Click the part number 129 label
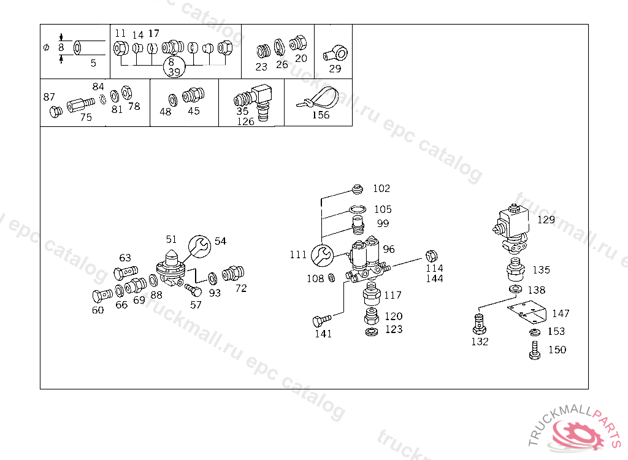pyautogui.click(x=546, y=220)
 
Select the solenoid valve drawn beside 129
pyautogui.click(x=511, y=228)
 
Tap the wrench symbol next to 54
pyautogui.click(x=199, y=246)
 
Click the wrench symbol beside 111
pyautogui.click(x=322, y=255)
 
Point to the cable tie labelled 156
pyautogui.click(x=320, y=99)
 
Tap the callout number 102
pyautogui.click(x=381, y=188)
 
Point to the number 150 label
pyautogui.click(x=557, y=350)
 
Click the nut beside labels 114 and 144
pyautogui.click(x=432, y=255)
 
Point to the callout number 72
pyautogui.click(x=241, y=288)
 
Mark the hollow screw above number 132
pyautogui.click(x=480, y=321)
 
